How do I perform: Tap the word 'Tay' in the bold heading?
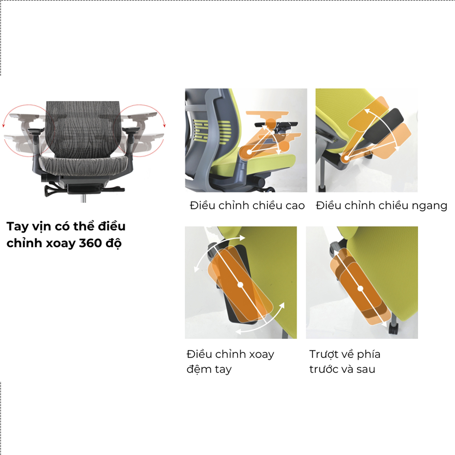coord(18,226)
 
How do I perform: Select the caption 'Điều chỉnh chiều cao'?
coord(247,206)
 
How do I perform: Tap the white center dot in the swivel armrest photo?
coord(240,285)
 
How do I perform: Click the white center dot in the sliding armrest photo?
coord(361,288)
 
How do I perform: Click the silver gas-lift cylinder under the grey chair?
coord(84,199)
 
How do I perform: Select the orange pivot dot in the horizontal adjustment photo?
coord(346,158)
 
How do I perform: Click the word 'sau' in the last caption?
coord(366,369)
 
